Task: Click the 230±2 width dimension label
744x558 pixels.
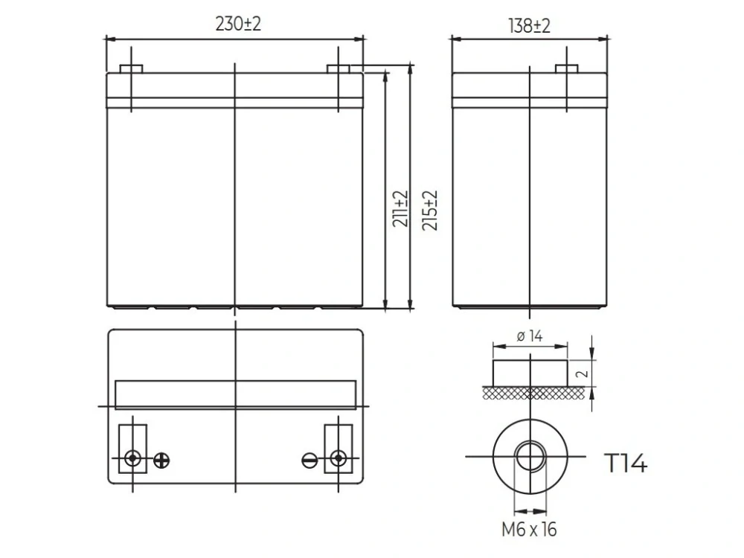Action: (x=238, y=24)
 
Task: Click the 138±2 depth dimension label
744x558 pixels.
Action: (x=529, y=25)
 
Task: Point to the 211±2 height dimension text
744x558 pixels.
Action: (x=400, y=209)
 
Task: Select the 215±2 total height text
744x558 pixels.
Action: (x=429, y=211)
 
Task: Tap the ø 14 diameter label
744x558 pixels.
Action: (x=530, y=336)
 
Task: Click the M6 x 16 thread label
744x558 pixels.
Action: (x=529, y=530)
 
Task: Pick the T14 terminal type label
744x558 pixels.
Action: (x=626, y=463)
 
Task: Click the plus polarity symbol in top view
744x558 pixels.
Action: (x=161, y=461)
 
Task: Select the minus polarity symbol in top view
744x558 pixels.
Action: (x=310, y=461)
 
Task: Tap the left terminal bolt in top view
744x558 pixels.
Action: (x=132, y=458)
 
